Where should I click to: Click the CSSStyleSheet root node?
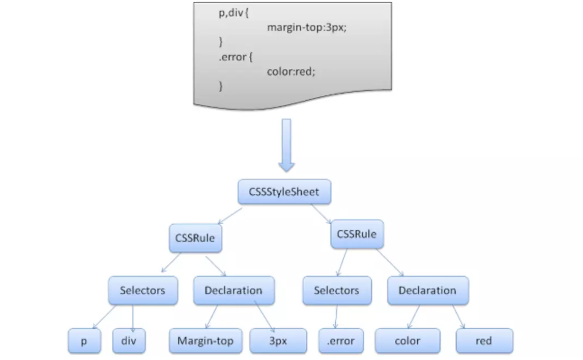point(284,192)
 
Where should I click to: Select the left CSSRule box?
point(195,238)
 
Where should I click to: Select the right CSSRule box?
point(357,234)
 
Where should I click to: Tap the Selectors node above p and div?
point(142,290)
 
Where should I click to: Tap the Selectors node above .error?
point(336,290)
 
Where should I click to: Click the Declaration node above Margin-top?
point(233,290)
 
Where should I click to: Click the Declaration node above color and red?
point(427,290)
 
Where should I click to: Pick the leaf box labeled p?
point(84,341)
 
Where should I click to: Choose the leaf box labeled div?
point(128,341)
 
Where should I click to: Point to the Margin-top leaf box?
point(205,341)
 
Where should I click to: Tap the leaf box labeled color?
point(407,341)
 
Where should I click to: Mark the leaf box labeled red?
point(484,341)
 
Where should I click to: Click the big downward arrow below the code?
point(287,144)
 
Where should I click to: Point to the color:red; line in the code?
point(291,71)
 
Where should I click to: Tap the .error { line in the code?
point(235,56)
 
